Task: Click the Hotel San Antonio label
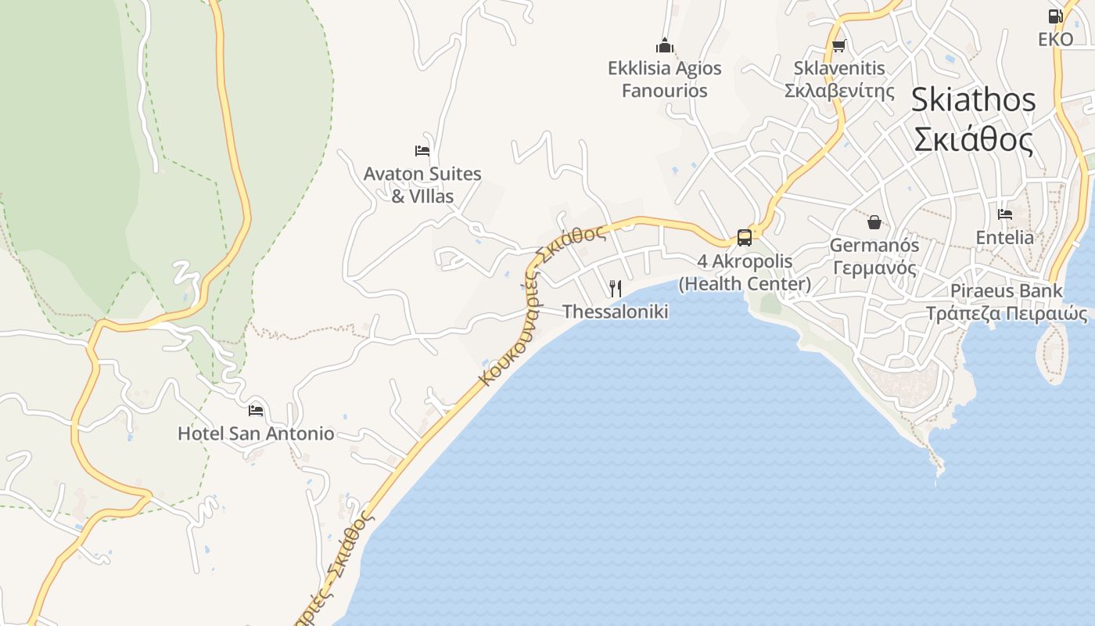pyautogui.click(x=256, y=434)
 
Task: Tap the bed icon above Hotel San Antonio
pyautogui.click(x=256, y=410)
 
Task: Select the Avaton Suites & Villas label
pyautogui.click(x=422, y=185)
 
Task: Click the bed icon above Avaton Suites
pyautogui.click(x=422, y=150)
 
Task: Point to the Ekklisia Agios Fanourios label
pyautogui.click(x=665, y=79)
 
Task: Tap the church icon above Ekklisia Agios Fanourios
pyautogui.click(x=665, y=45)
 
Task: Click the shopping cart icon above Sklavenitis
pyautogui.click(x=839, y=45)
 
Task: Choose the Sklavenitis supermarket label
pyautogui.click(x=839, y=79)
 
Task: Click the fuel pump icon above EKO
pyautogui.click(x=1055, y=16)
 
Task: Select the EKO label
pyautogui.click(x=1056, y=39)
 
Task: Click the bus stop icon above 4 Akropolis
pyautogui.click(x=745, y=237)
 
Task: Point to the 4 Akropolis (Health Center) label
pyautogui.click(x=745, y=272)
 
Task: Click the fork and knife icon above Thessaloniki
pyautogui.click(x=616, y=289)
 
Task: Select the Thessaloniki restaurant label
pyautogui.click(x=616, y=311)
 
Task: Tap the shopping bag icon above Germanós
pyautogui.click(x=874, y=222)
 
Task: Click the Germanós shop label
pyautogui.click(x=874, y=256)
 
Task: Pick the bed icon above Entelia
pyautogui.click(x=1005, y=214)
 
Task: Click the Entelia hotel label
pyautogui.click(x=1005, y=237)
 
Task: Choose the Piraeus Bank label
pyautogui.click(x=1007, y=302)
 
